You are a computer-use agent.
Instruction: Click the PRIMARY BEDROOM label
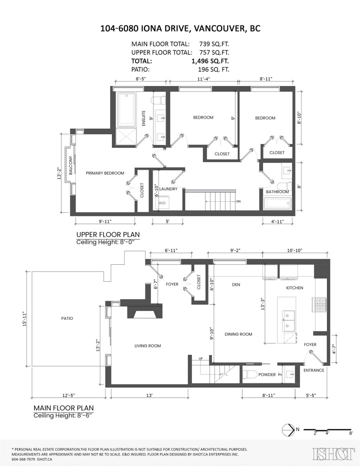point(105,173)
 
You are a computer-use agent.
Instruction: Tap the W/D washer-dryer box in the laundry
point(162,203)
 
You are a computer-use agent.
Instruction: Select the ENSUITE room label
point(143,118)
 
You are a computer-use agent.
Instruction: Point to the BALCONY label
point(70,165)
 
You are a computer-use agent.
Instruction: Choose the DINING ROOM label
point(238,334)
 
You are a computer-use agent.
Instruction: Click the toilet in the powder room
point(250,375)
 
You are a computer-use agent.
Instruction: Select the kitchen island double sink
point(289,321)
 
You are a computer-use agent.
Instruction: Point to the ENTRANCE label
point(314,370)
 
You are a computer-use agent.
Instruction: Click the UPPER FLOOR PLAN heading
point(107,234)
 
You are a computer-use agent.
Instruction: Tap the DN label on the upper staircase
point(238,201)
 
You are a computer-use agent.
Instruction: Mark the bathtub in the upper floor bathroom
point(277,203)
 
